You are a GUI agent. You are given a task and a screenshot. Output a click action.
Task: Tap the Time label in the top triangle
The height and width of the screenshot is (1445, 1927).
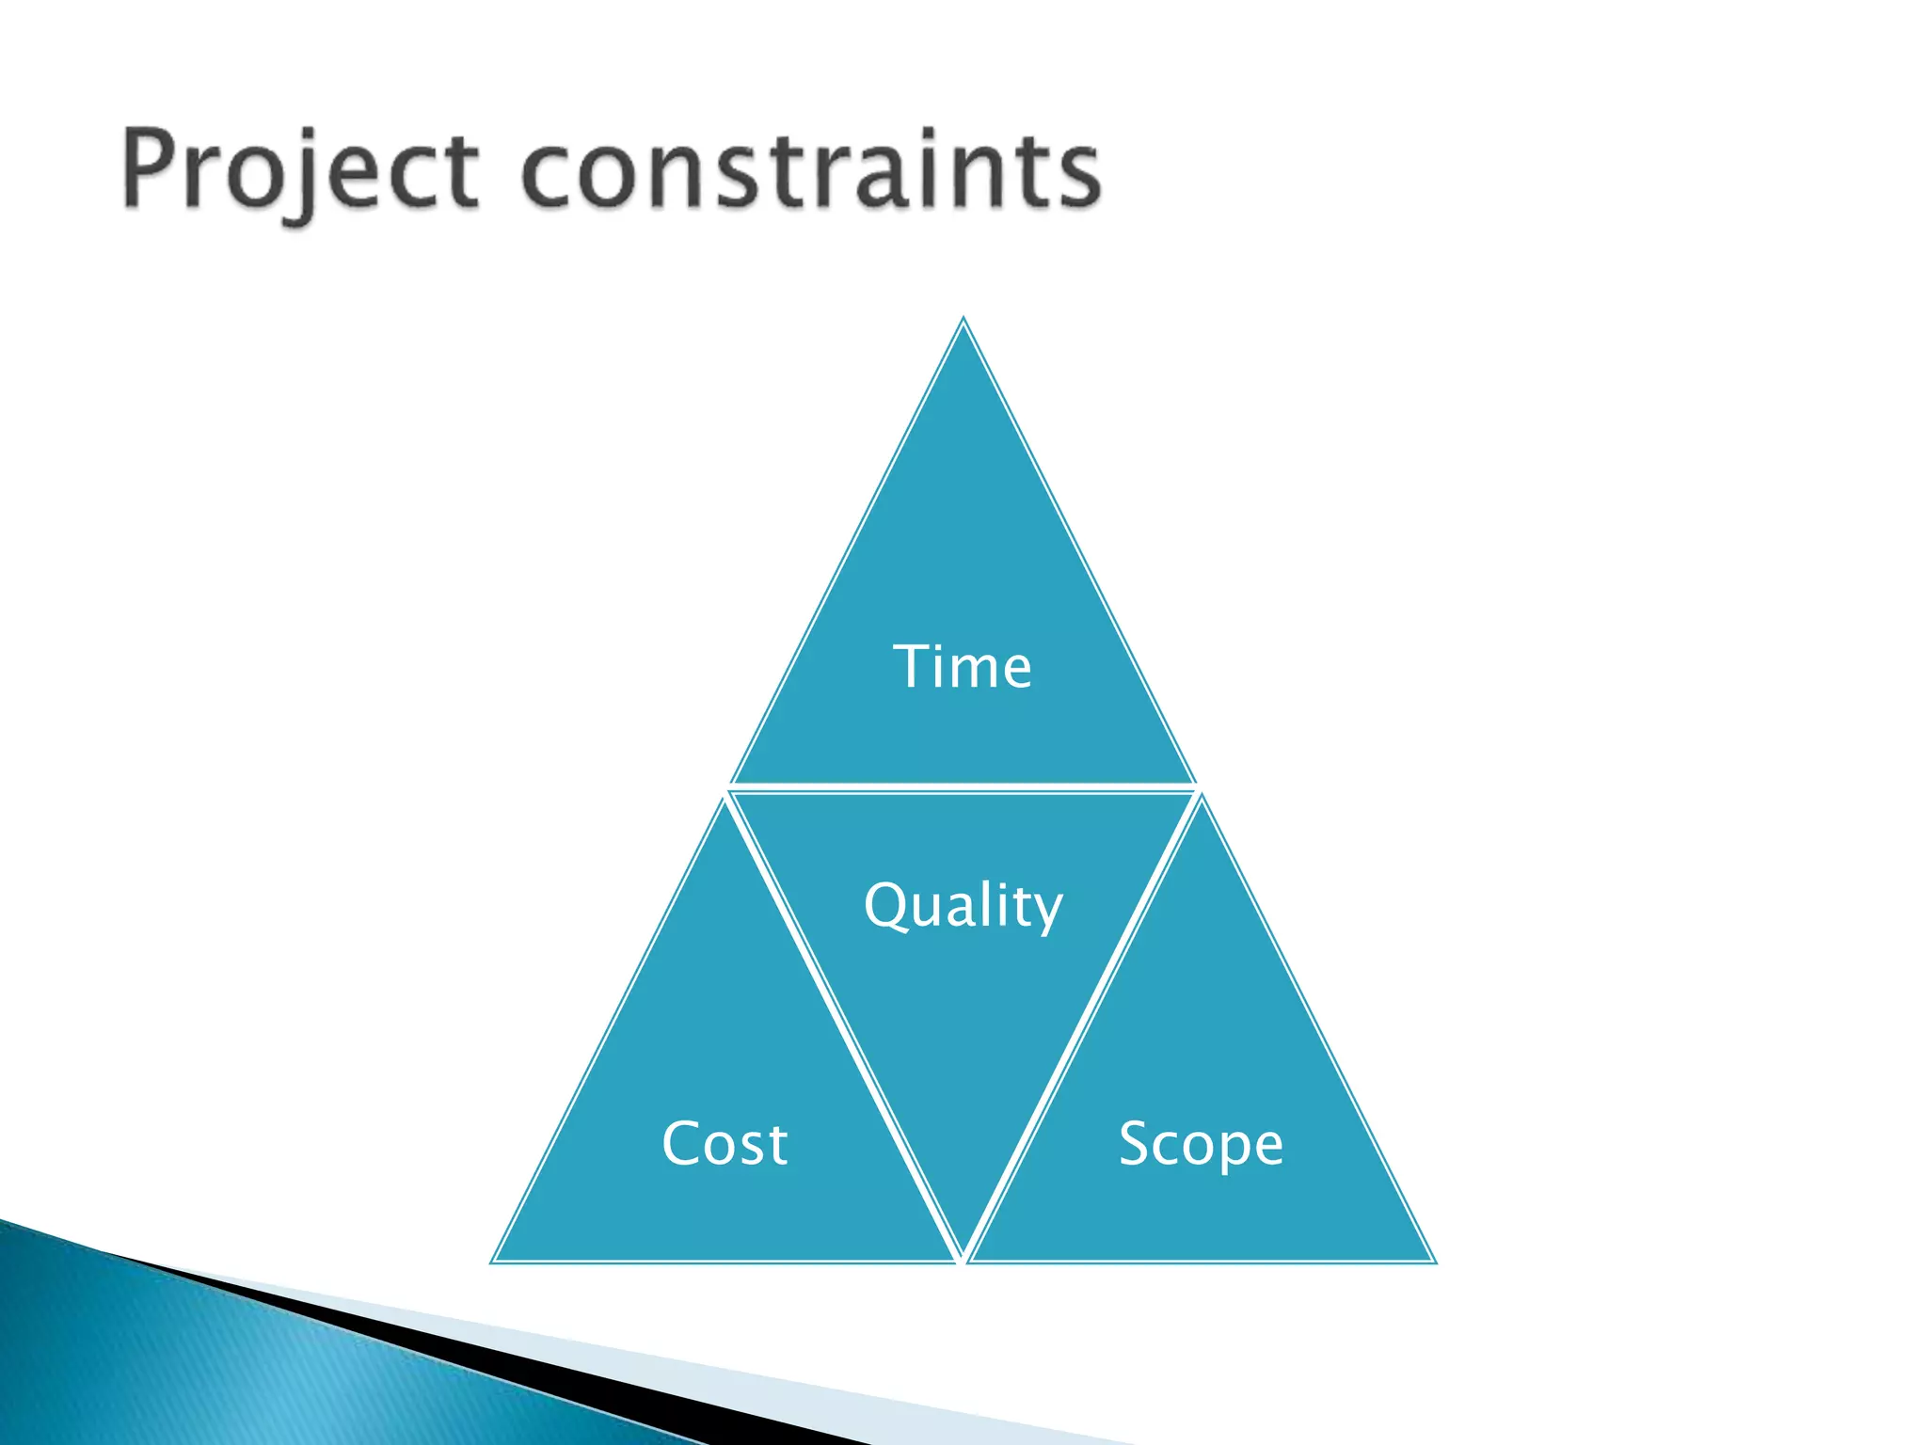click(x=962, y=667)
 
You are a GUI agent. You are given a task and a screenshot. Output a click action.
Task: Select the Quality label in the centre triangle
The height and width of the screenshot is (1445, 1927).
click(x=963, y=906)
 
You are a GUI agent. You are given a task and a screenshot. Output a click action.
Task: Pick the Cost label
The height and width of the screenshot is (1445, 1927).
click(x=725, y=1144)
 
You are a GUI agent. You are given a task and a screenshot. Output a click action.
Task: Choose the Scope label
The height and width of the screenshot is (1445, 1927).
click(x=1201, y=1144)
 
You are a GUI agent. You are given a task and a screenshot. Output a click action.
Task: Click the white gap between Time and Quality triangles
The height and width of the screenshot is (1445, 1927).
click(x=963, y=787)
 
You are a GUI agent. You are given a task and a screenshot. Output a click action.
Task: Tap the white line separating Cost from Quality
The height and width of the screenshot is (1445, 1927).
click(x=842, y=1025)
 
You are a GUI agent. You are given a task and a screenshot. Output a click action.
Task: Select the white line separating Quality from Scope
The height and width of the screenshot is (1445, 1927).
click(x=1082, y=1025)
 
